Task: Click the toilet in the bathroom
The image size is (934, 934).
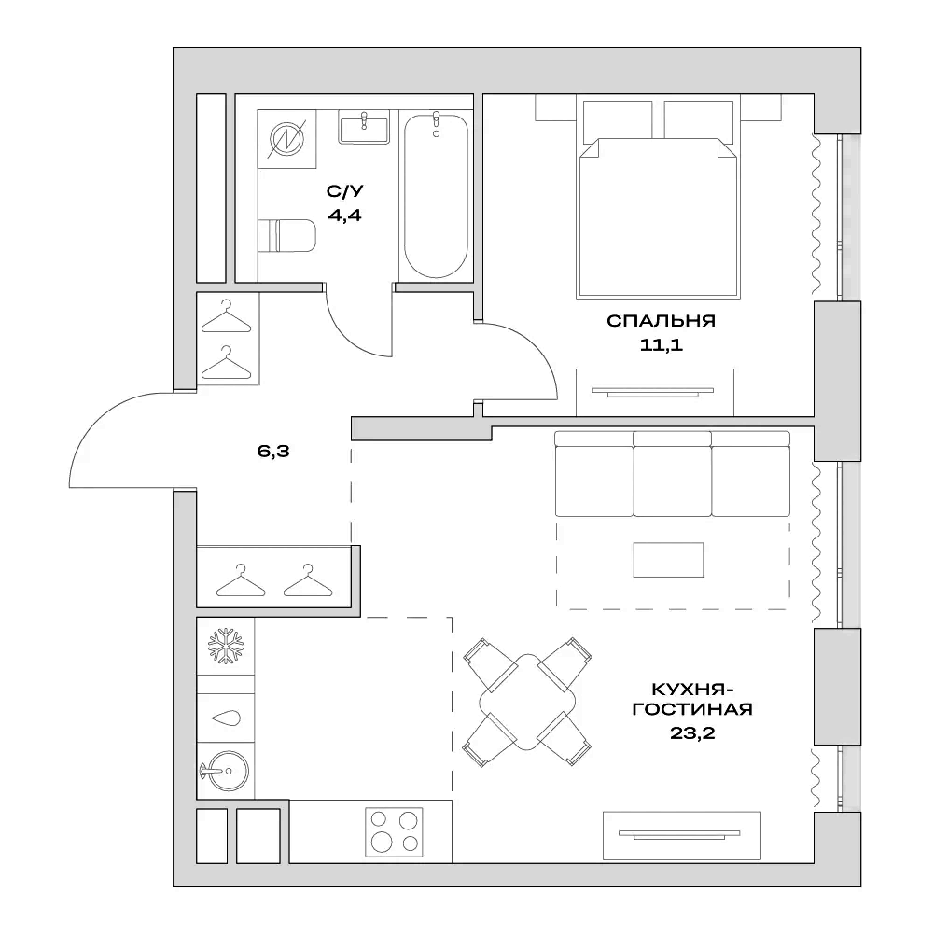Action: pos(287,235)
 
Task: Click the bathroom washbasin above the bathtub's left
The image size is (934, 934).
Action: pos(365,127)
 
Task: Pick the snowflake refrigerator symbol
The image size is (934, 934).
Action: pos(224,646)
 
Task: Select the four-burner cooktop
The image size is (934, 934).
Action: pos(393,829)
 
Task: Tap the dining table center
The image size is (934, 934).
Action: pos(528,702)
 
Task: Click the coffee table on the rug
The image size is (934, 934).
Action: pos(668,560)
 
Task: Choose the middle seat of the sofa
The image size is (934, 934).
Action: pos(672,473)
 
